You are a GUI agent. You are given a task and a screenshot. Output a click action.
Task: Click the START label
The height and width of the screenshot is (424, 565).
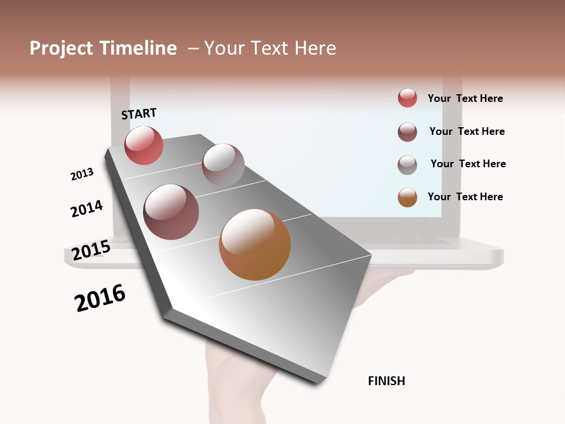139,114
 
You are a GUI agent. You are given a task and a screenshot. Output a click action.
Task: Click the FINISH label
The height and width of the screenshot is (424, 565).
386,381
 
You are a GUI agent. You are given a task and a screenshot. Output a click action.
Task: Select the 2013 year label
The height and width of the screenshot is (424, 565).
82,174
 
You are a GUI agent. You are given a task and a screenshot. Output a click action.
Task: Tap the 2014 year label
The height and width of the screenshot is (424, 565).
87,208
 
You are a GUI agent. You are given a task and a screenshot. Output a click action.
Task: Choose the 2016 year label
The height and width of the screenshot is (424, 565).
100,298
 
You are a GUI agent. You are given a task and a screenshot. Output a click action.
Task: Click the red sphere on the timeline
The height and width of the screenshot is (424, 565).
144,145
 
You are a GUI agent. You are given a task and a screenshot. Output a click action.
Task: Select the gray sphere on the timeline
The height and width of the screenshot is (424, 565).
223,165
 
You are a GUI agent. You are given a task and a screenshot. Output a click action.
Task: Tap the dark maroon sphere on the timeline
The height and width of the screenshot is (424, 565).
171,212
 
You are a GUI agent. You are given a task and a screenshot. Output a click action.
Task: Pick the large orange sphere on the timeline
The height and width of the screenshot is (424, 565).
255,244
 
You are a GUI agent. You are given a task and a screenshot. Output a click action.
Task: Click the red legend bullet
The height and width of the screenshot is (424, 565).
407,98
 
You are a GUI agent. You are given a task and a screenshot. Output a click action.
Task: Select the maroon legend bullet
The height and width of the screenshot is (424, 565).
407,132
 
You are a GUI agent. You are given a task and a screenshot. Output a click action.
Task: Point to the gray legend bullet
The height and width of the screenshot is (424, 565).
407,164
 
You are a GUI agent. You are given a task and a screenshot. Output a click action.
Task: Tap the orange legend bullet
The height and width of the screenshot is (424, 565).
407,197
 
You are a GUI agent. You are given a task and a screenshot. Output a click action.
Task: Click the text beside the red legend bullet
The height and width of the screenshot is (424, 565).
465,98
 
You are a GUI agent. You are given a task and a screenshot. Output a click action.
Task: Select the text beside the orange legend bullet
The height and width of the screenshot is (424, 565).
465,197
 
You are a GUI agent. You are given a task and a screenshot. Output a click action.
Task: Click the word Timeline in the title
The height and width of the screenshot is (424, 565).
138,48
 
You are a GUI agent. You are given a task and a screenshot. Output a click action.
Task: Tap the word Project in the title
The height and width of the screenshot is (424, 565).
62,48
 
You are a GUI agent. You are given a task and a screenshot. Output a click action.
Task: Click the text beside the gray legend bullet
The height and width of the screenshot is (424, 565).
468,164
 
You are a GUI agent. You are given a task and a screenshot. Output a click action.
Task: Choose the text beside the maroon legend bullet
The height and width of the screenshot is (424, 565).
467,131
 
